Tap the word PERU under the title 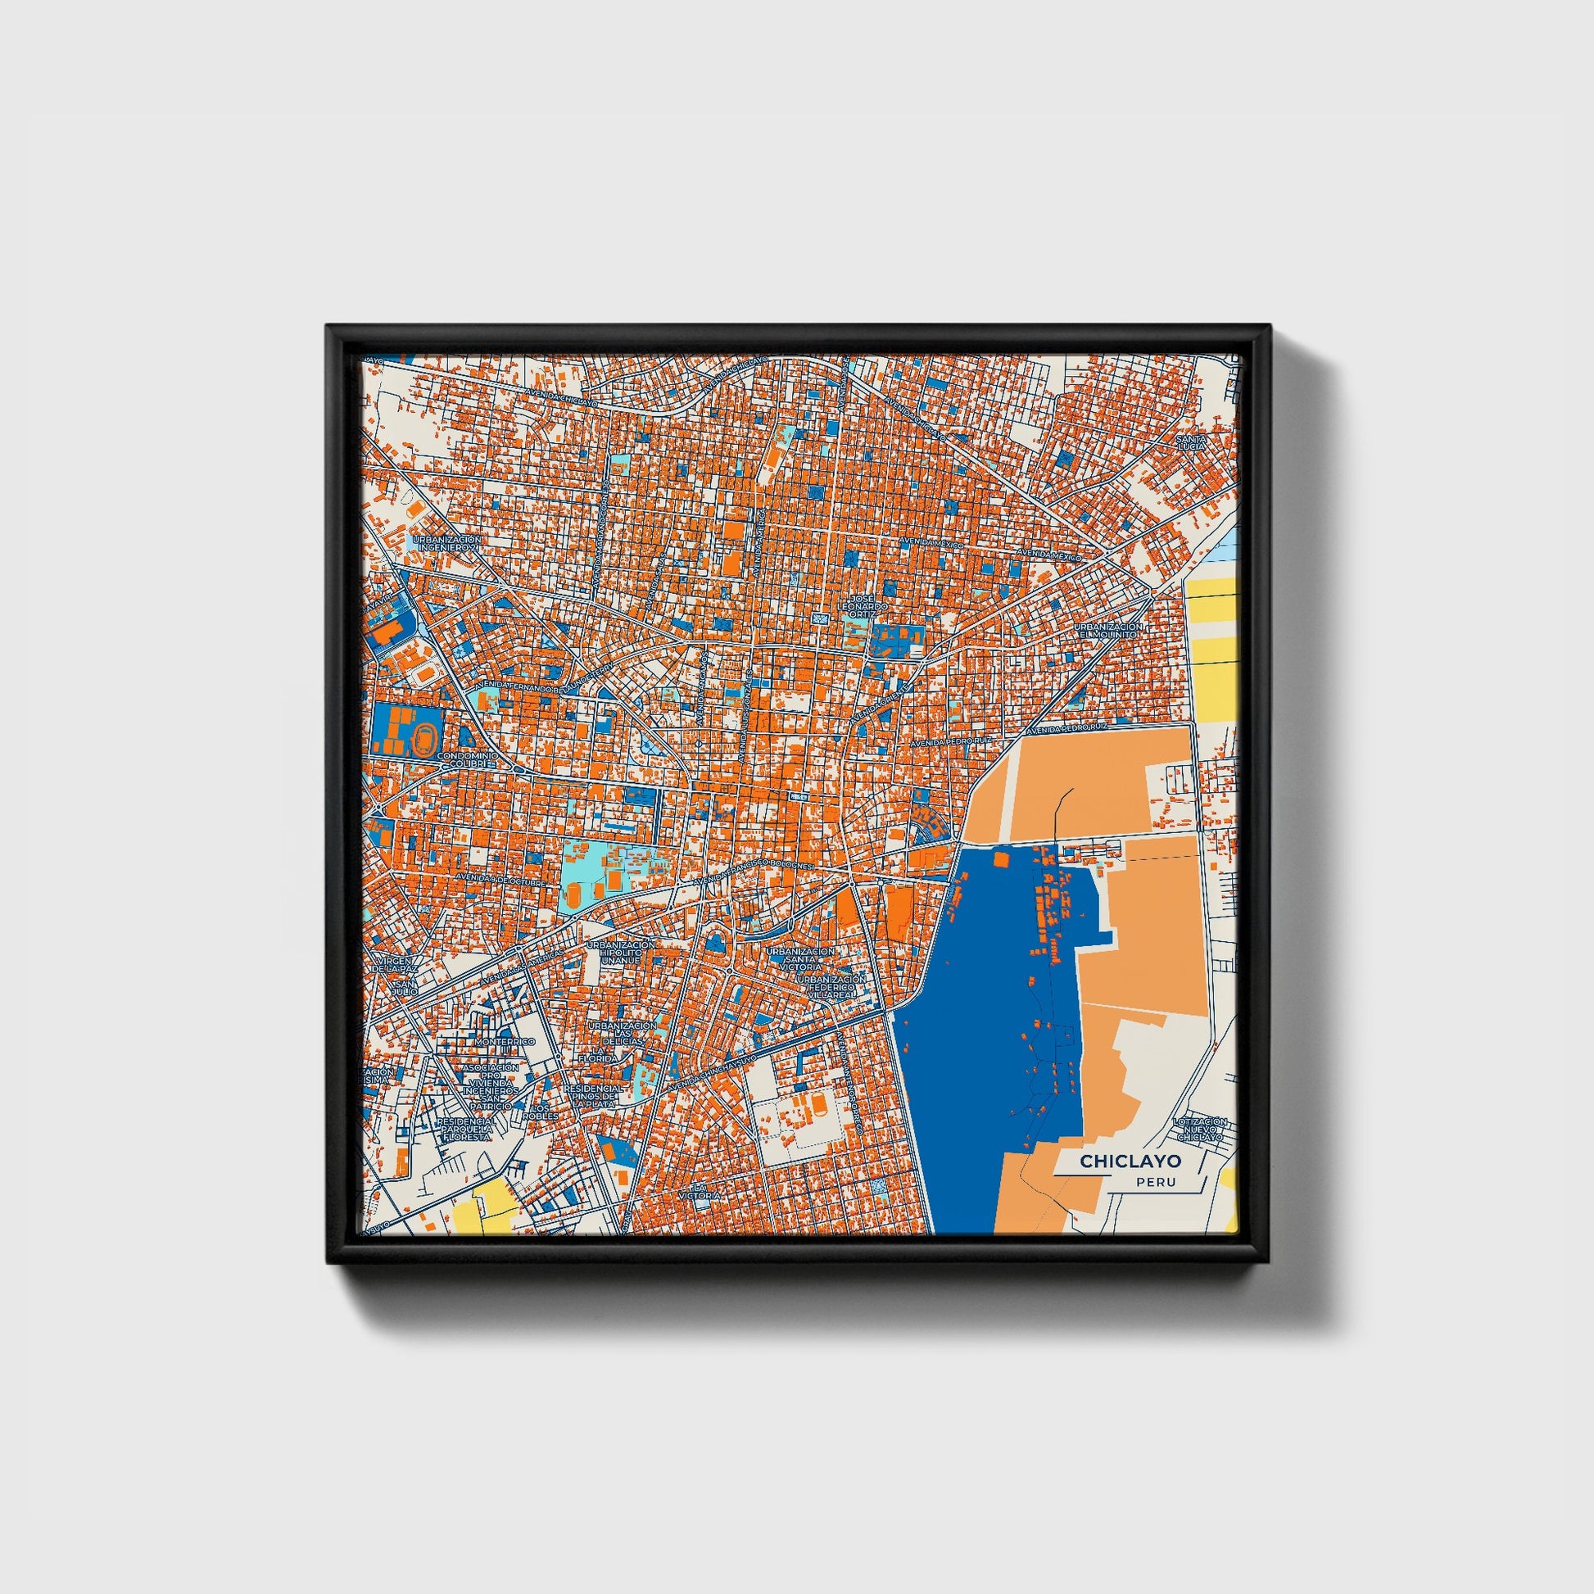1155,1182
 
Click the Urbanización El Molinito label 1109,632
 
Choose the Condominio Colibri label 468,760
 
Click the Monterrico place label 505,1041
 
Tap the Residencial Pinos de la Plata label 592,1096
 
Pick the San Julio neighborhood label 405,989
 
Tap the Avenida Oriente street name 879,700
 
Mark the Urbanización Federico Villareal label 831,987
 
